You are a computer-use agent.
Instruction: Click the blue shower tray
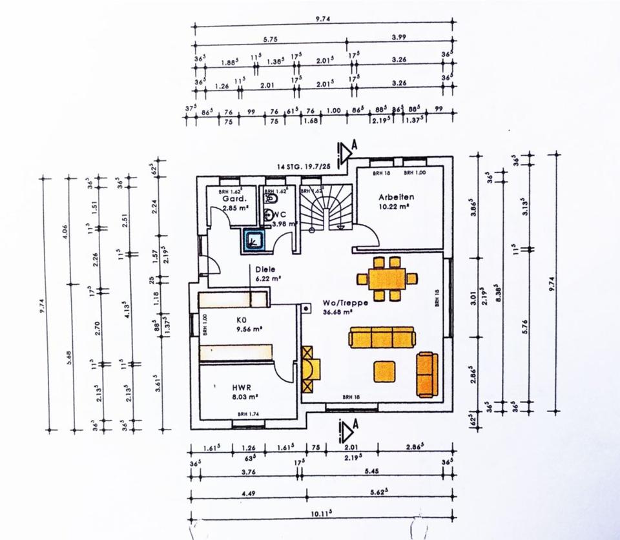pos(253,240)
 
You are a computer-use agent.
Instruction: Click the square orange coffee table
pos(385,371)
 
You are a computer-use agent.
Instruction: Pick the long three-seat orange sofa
pos(381,337)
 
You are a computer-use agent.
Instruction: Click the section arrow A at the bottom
pos(347,429)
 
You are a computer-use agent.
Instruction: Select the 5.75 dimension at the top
pos(270,39)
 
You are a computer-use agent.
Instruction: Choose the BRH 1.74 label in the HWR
pos(248,414)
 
